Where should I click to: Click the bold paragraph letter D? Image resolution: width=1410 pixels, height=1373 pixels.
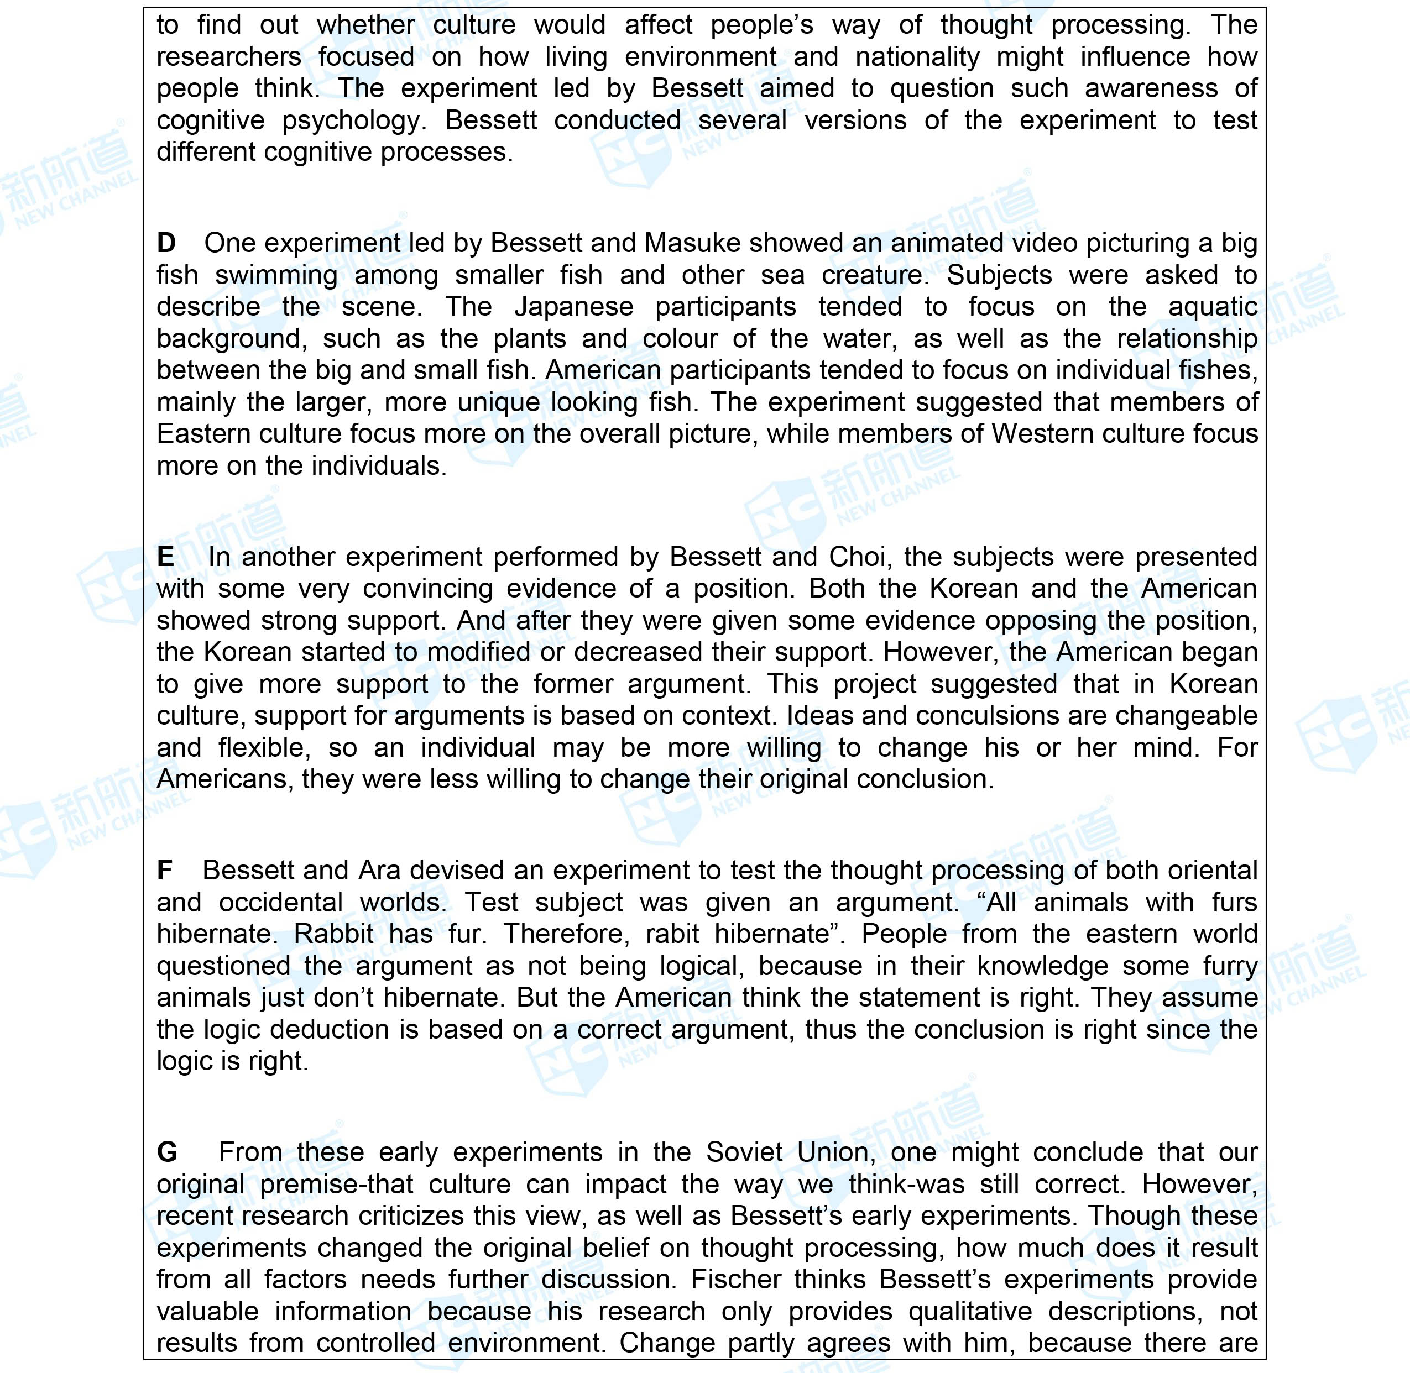click(166, 244)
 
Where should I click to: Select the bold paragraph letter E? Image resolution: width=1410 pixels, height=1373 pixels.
click(165, 557)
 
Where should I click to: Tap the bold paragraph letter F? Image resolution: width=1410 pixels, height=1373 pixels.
click(164, 871)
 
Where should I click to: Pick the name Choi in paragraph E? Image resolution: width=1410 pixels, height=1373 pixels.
click(858, 557)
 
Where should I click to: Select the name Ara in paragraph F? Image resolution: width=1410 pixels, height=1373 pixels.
click(379, 871)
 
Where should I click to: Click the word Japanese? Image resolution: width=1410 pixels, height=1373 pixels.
click(573, 307)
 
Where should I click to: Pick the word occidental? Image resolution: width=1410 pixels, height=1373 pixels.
click(280, 902)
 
